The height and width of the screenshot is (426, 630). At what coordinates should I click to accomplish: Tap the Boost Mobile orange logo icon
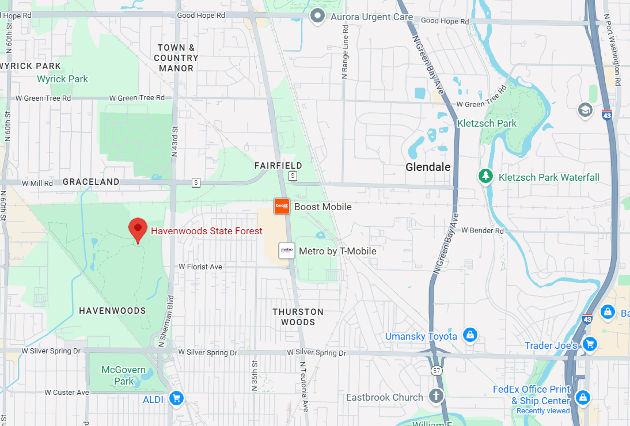pyautogui.click(x=282, y=206)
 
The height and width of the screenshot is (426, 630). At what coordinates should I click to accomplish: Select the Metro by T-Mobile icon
pyautogui.click(x=287, y=250)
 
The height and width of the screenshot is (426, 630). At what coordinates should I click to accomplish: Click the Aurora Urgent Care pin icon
pyautogui.click(x=317, y=16)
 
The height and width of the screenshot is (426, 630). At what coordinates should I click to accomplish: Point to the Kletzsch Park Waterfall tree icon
pyautogui.click(x=487, y=176)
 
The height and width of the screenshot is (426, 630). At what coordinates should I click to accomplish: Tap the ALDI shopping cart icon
pyautogui.click(x=176, y=398)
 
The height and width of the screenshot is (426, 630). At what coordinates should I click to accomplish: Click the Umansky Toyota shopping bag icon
pyautogui.click(x=470, y=334)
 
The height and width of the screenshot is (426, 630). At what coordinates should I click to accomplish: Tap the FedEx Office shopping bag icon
pyautogui.click(x=583, y=397)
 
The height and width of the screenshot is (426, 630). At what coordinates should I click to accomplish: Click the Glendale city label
pyautogui.click(x=428, y=167)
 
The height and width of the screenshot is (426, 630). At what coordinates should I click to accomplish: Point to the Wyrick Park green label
pyautogui.click(x=62, y=79)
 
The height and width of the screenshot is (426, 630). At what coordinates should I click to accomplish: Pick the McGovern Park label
pyautogui.click(x=117, y=375)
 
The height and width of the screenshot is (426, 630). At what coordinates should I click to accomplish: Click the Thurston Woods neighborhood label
pyautogui.click(x=298, y=317)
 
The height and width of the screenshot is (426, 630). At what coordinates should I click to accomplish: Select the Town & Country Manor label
pyautogui.click(x=176, y=58)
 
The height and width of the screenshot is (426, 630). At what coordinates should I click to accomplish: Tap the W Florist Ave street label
pyautogui.click(x=200, y=267)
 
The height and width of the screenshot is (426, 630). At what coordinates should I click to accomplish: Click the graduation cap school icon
pyautogui.click(x=585, y=109)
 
